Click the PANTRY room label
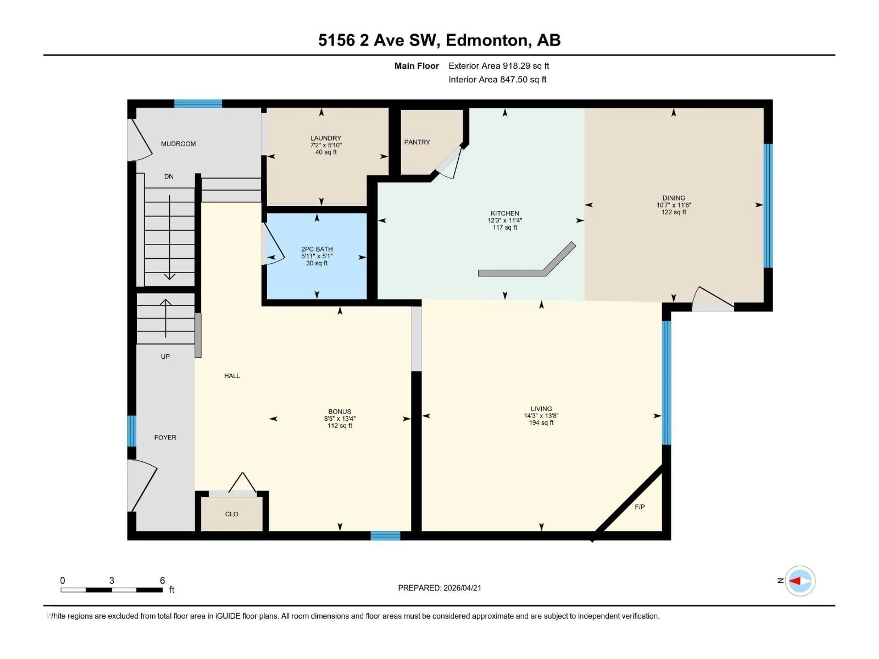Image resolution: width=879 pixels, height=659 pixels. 417,142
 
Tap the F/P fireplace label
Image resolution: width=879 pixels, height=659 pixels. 639,507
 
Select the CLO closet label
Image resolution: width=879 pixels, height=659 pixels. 232,514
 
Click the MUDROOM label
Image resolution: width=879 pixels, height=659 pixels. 178,144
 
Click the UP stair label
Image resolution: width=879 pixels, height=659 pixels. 165,357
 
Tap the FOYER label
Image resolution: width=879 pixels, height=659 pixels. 165,437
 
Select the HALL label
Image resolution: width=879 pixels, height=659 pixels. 232,376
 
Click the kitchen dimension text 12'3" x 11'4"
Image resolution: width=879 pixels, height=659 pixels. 505,220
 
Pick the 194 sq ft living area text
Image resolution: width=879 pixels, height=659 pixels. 541,423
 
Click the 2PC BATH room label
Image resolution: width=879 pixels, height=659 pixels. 317,249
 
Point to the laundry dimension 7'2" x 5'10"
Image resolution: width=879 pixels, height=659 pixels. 326,145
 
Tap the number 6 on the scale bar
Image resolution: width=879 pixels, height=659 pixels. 162,580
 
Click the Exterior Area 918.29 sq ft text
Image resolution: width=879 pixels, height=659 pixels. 499,66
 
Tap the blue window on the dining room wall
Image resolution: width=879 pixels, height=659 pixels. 768,205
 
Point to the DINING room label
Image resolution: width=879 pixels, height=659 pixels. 673,198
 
